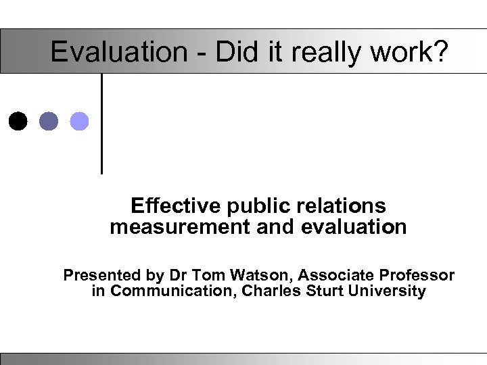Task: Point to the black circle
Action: point(20,121)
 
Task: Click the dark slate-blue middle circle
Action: point(49,121)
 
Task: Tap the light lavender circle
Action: point(79,121)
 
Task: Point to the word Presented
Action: point(99,276)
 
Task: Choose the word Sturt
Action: point(323,292)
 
